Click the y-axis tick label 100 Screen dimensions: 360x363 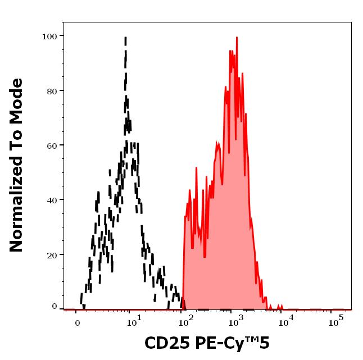pyautogui.click(x=49, y=37)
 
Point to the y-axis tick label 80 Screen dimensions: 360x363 pyautogui.click(x=52, y=91)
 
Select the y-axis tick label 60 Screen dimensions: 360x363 pyautogui.click(x=52, y=145)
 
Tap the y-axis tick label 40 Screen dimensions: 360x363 pyautogui.click(x=52, y=200)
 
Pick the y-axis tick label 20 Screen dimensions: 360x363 pyautogui.click(x=52, y=255)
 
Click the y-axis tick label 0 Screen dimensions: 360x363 pyautogui.click(x=55, y=307)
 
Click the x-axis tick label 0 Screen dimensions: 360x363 pyautogui.click(x=77, y=323)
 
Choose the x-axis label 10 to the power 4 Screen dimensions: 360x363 pyautogui.click(x=286, y=321)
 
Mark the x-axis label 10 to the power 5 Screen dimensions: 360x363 pyautogui.click(x=335, y=321)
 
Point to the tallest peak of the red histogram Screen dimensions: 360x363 pyautogui.click(x=237, y=38)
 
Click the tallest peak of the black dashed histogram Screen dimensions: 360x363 pyautogui.click(x=125, y=38)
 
